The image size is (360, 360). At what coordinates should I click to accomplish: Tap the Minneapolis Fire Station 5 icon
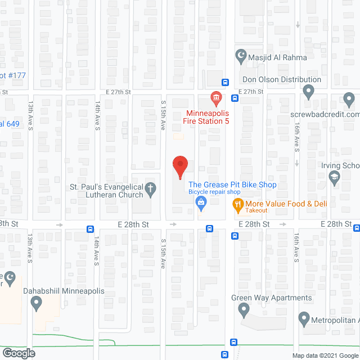click(x=215, y=99)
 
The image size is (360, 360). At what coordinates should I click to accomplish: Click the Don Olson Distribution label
click(x=281, y=80)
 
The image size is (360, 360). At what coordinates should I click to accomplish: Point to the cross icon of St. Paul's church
click(x=151, y=190)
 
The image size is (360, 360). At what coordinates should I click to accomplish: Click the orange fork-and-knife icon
click(x=237, y=205)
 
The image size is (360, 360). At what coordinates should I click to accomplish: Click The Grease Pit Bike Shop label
click(x=232, y=184)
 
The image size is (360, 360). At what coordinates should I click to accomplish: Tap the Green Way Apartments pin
click(x=244, y=309)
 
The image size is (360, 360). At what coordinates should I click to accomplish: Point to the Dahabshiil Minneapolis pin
click(x=37, y=304)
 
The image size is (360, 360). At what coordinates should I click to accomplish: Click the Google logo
click(x=18, y=353)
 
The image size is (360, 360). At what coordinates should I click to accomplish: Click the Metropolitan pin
click(x=304, y=319)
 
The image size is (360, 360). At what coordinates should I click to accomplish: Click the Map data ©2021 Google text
click(x=325, y=355)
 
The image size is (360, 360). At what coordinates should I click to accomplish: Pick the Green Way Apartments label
click(x=272, y=298)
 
